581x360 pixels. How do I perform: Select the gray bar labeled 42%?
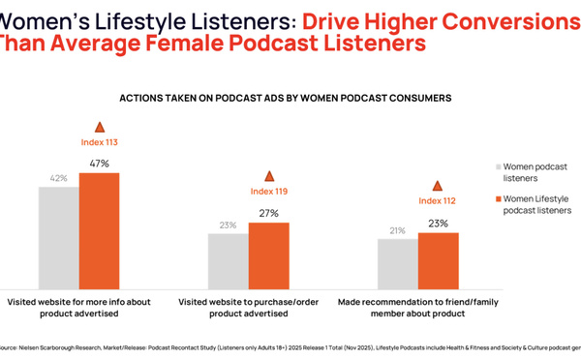click(59, 233)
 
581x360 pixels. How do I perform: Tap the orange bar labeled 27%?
click(268, 251)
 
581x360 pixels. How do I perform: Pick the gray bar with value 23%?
click(229, 256)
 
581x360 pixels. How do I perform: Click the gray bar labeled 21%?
click(398, 259)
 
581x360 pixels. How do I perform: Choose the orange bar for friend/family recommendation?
click(438, 256)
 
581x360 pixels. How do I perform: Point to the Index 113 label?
click(99, 143)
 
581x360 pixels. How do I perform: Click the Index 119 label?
click(268, 192)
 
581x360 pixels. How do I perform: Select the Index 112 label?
click(438, 201)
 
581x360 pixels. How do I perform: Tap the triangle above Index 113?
click(99, 127)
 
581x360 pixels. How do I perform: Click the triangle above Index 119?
click(268, 175)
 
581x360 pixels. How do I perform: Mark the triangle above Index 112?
click(438, 185)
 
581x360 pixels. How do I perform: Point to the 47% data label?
click(99, 165)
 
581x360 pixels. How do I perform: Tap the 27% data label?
click(268, 213)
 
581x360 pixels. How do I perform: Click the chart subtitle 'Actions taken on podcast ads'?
click(285, 98)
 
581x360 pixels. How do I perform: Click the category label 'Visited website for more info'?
click(79, 308)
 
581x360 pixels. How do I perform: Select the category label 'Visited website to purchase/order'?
click(255, 308)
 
